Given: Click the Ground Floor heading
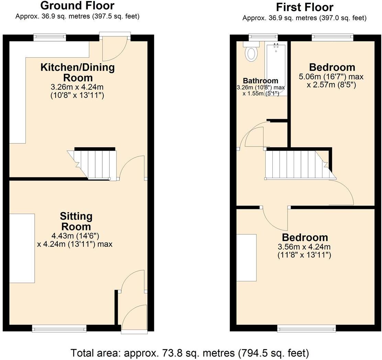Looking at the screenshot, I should point(77,6).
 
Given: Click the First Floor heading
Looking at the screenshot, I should point(304,7).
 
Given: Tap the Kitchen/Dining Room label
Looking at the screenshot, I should point(78,72).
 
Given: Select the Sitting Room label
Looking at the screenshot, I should point(76,221).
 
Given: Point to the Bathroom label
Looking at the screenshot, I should point(261,81).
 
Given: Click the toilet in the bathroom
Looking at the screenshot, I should point(251,53).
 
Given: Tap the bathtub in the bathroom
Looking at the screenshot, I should point(276,65).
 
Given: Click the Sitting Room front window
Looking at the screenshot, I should point(59,329).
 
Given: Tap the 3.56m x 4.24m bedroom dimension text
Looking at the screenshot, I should point(304,251).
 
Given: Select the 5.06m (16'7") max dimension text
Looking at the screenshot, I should point(332,77).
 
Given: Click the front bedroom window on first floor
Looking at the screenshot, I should point(307,329).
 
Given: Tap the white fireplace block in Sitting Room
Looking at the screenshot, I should point(22,248).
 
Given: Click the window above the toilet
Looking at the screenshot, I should point(263,36).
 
